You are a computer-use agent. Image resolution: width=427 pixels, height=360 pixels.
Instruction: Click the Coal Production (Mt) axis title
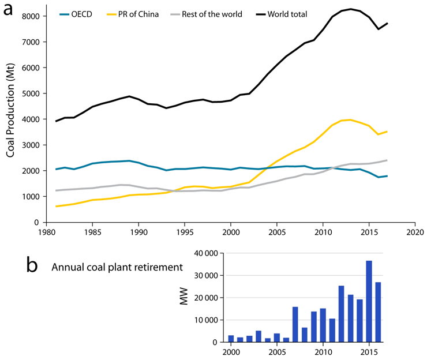(10, 116)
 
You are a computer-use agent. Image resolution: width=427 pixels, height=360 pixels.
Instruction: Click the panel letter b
(33, 265)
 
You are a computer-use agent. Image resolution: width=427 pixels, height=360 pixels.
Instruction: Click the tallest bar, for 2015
(369, 302)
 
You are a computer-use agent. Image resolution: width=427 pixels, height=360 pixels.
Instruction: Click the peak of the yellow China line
(350, 120)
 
